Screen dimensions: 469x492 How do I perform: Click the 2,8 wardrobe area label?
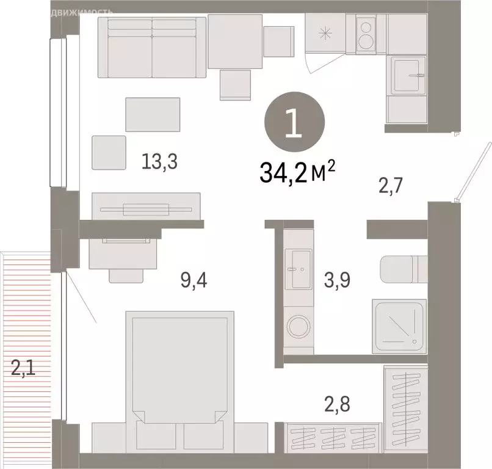point(338,404)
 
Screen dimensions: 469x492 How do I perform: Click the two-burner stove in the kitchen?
point(366,34)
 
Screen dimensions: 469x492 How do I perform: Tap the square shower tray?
point(400,325)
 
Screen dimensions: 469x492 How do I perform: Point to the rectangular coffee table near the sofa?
point(153,114)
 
